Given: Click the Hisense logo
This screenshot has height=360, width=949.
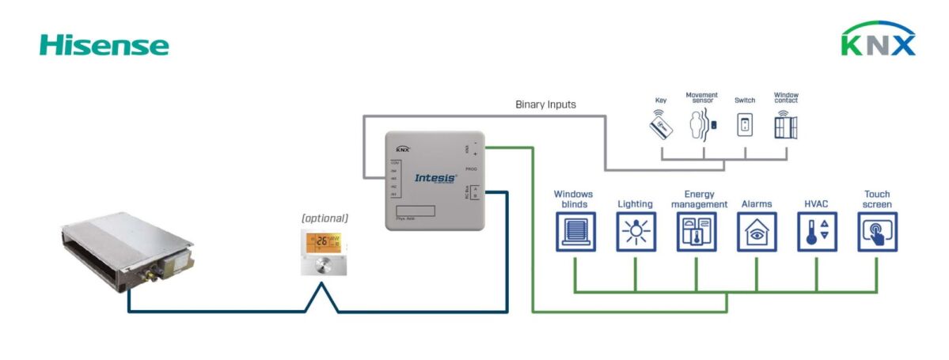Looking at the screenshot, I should point(104,45).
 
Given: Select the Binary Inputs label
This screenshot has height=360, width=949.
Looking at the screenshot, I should point(545,104).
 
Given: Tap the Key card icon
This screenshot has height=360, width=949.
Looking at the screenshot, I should point(661,125).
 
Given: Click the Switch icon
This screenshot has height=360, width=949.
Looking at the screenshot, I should point(744,125).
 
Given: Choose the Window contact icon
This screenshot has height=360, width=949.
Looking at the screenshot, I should point(786,125).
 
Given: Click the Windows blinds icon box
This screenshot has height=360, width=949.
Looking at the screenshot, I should point(575,232).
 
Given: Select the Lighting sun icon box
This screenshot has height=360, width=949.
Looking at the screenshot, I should point(636,232).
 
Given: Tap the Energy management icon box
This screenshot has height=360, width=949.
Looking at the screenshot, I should point(696,232).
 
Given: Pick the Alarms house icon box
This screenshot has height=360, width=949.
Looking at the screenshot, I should point(757,232).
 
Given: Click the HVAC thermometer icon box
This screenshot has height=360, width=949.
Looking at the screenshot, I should point(817,232).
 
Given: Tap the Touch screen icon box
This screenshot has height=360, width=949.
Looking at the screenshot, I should point(877,232).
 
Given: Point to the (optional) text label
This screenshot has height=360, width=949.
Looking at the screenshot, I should point(325,218).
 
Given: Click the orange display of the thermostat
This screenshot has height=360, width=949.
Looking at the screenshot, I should point(324,241).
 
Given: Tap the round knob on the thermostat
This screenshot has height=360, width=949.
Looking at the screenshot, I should point(323,264).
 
